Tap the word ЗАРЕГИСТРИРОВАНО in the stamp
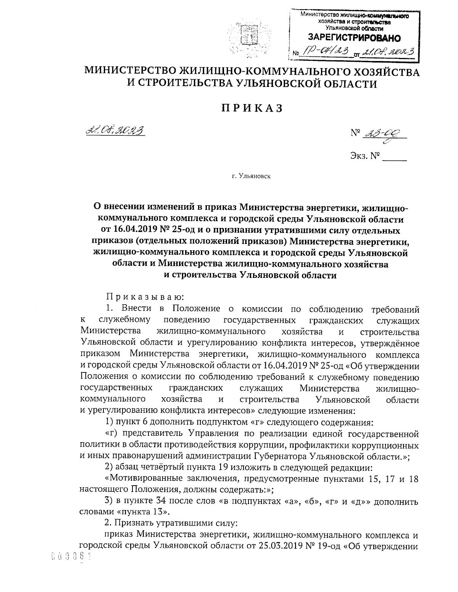354,38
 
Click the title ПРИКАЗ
252,108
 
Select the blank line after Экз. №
395,157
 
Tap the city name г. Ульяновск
251,176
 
